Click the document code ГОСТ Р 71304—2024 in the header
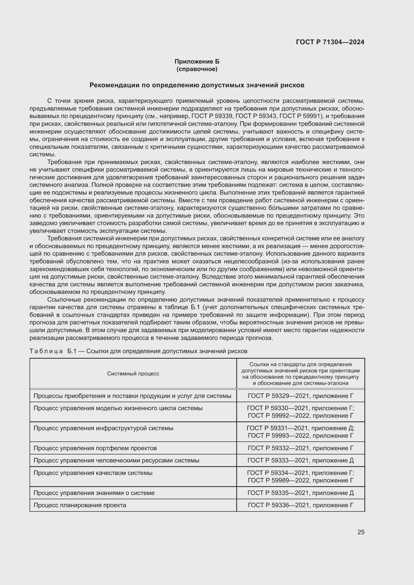click(330, 42)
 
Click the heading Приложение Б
click(197, 62)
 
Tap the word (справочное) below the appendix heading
click(197, 69)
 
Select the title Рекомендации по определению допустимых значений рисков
click(197, 85)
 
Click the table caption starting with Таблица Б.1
click(138, 351)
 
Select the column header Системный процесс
click(133, 373)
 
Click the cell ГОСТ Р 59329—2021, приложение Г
click(301, 396)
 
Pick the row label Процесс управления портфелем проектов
click(95, 448)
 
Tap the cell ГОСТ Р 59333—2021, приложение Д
click(301, 460)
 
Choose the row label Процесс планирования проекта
click(80, 505)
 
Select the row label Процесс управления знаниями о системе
click(94, 493)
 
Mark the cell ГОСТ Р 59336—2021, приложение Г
click(301, 505)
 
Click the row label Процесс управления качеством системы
click(93, 473)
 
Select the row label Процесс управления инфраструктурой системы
click(103, 428)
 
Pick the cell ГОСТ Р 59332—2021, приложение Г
click(301, 448)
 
